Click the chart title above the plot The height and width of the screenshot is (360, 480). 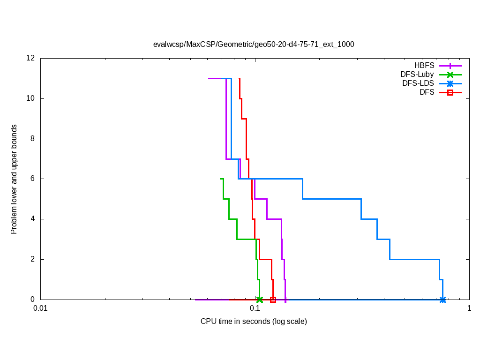coord(254,45)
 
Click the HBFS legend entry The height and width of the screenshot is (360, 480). coord(424,66)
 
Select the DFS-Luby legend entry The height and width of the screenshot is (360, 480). coord(417,75)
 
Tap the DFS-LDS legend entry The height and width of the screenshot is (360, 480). coord(418,83)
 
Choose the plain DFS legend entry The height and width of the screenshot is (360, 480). coord(427,92)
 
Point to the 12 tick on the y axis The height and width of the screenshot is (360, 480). coord(31,58)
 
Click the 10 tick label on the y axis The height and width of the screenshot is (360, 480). coord(31,98)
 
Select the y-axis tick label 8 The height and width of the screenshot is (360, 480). coord(33,139)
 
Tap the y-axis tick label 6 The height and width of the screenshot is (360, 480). coord(33,179)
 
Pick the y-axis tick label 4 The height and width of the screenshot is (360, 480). coord(33,219)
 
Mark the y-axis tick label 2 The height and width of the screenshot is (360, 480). coord(33,259)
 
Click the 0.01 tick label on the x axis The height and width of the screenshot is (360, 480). coord(40,309)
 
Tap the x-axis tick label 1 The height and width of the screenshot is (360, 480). coord(469,309)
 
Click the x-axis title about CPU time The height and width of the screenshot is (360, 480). coord(254,322)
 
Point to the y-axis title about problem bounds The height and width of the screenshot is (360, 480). coord(14,179)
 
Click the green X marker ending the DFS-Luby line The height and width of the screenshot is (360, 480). coord(259,300)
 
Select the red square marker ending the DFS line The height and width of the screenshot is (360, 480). coord(273,300)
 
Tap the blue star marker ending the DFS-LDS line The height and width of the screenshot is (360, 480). coord(442,300)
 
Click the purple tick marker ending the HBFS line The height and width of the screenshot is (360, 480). coord(285,300)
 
